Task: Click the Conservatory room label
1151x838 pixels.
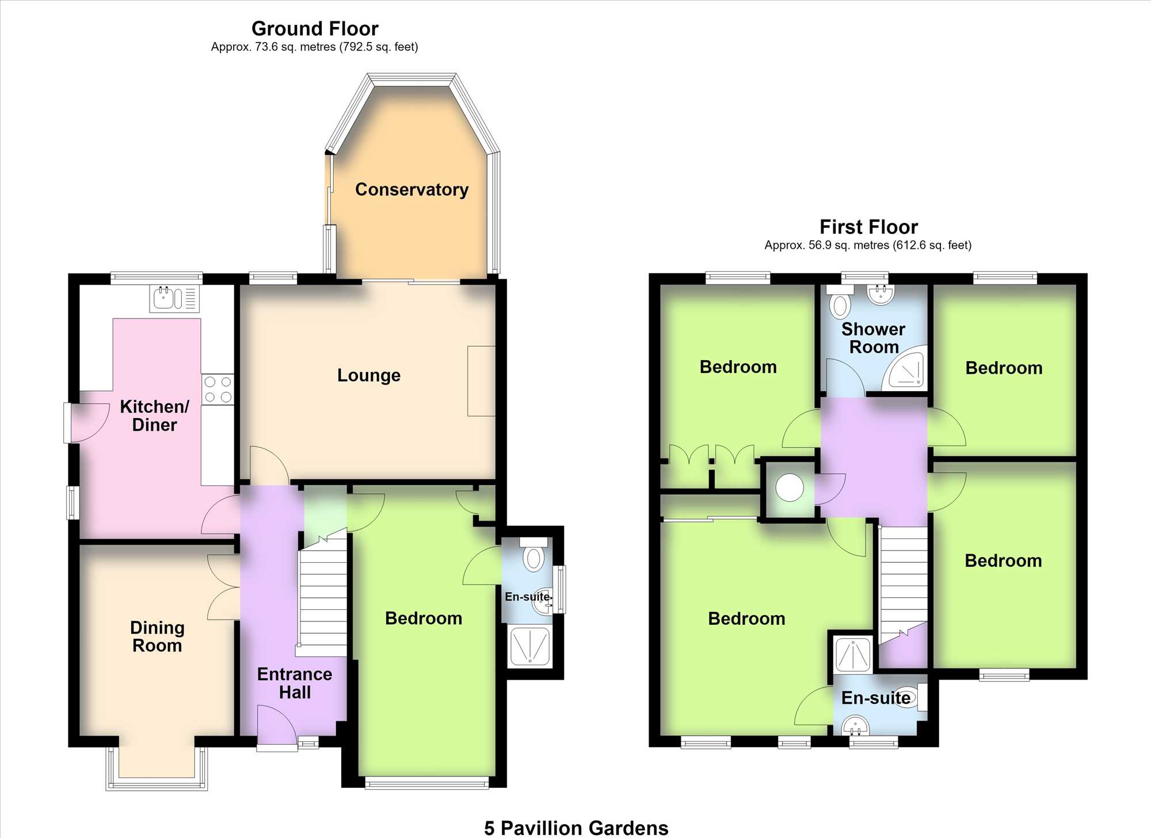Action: coord(411,189)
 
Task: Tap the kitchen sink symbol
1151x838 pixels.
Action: coord(174,298)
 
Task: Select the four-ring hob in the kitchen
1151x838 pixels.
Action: coord(218,389)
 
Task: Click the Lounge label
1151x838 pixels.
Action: coord(369,376)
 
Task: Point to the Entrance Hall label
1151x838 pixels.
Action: coord(295,683)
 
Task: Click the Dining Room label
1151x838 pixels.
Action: coord(157,636)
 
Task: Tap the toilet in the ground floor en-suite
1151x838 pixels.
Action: coord(533,554)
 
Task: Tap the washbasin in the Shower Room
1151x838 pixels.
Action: coord(881,294)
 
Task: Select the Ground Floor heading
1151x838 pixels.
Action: coord(315,29)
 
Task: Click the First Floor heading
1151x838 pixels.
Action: coord(868,227)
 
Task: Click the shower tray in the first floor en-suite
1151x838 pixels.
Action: coord(853,655)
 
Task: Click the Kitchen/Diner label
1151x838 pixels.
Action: coord(154,416)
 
